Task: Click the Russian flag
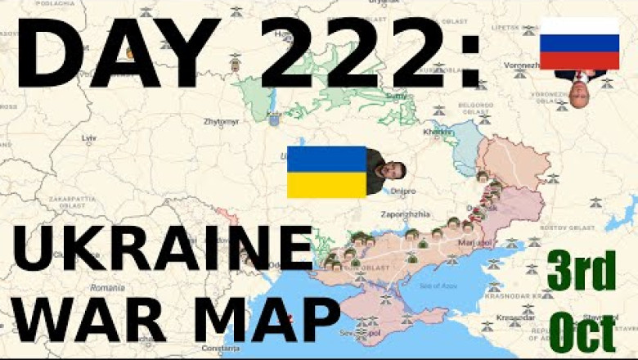tap(579, 43)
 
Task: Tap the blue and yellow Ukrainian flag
tap(326, 172)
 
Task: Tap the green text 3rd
tap(582, 272)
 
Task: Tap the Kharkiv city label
tap(437, 131)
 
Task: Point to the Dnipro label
tap(402, 191)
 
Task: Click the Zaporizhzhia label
tap(400, 214)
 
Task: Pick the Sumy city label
tap(396, 96)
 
